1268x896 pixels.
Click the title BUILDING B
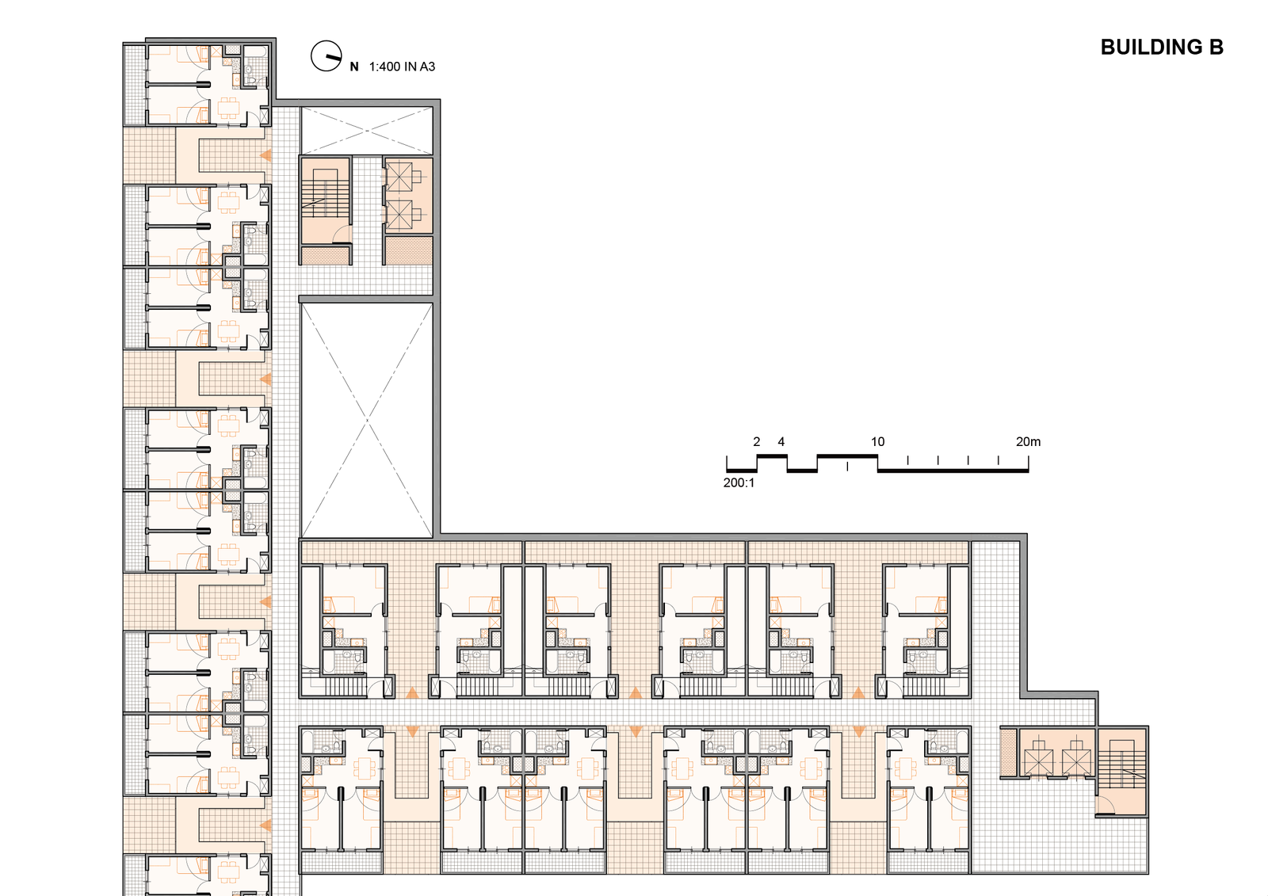coord(1162,48)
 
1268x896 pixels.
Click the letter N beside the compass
coord(354,67)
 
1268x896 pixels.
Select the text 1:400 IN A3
coord(402,67)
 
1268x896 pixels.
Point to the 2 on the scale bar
coord(756,441)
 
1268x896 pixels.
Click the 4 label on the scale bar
coord(781,441)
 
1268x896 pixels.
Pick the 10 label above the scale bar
coord(877,441)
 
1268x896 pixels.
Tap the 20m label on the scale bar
coord(1028,441)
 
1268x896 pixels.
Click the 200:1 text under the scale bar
coord(739,482)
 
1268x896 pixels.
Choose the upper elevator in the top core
coord(399,177)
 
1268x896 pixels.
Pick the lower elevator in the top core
coord(399,215)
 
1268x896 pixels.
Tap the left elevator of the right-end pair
coord(1039,762)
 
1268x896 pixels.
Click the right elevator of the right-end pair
coord(1076,762)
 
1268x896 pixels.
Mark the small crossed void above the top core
coord(367,131)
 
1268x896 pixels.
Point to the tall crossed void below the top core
coord(367,420)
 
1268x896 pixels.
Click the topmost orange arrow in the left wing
coord(265,155)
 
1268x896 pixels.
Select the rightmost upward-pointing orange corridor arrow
coord(858,692)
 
